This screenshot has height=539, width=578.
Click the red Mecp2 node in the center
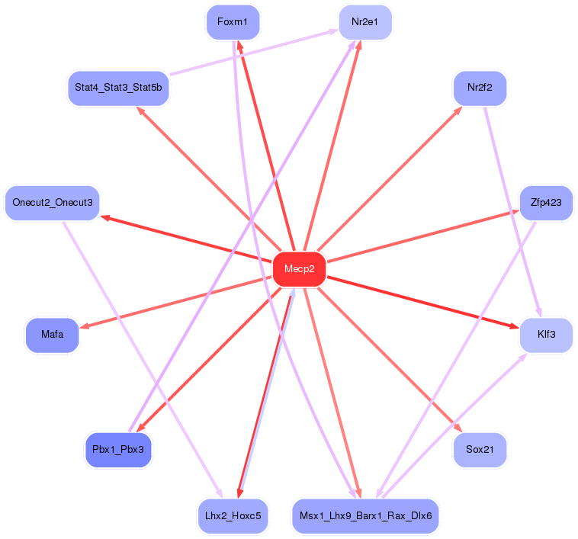pos(300,269)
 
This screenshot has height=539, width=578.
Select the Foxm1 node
pos(233,22)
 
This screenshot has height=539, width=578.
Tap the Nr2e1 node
pos(365,22)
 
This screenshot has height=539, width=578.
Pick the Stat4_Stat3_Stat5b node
pos(117,88)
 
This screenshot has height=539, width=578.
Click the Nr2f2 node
pos(480,88)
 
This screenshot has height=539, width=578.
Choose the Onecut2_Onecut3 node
pos(53,203)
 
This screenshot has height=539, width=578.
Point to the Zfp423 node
pos(546,203)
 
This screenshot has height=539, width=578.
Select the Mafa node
pos(53,335)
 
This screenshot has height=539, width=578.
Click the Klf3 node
pos(546,335)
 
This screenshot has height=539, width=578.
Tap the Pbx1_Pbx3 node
pos(118,449)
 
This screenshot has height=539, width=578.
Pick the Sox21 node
pos(480,449)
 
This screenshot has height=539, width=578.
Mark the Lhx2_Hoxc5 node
pos(233,516)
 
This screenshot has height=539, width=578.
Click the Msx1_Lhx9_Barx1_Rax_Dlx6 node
pos(365,516)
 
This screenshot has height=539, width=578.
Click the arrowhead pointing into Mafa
pos(84,327)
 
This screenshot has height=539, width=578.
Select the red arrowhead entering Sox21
pos(458,429)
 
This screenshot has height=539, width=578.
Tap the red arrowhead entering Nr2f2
pos(458,109)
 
